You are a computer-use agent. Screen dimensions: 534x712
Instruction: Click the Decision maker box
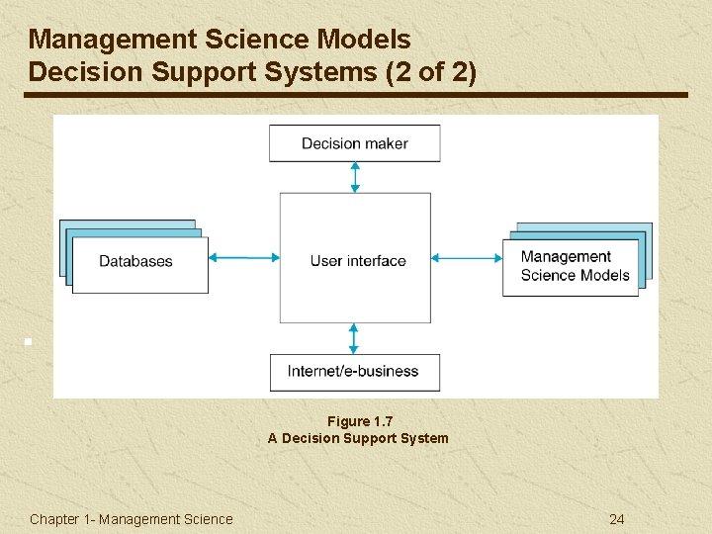point(354,143)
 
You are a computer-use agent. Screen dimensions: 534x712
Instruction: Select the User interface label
point(358,261)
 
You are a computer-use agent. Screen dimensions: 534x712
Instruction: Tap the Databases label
point(135,261)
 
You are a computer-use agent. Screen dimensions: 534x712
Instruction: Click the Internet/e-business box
point(354,372)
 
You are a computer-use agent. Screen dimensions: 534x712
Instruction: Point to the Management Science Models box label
point(575,266)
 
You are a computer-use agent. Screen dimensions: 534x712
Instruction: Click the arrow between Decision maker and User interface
point(355,177)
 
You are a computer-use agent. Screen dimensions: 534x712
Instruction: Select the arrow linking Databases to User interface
point(244,258)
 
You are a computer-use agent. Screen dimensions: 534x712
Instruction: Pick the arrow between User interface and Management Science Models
point(467,258)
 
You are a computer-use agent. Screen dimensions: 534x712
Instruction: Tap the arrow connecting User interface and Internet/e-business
point(355,338)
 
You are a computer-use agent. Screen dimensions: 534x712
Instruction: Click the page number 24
point(617,519)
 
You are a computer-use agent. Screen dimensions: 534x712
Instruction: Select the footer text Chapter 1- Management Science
point(132,519)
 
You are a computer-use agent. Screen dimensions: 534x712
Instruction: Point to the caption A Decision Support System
point(358,438)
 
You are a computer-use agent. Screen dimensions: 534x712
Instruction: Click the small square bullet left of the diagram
point(30,342)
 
